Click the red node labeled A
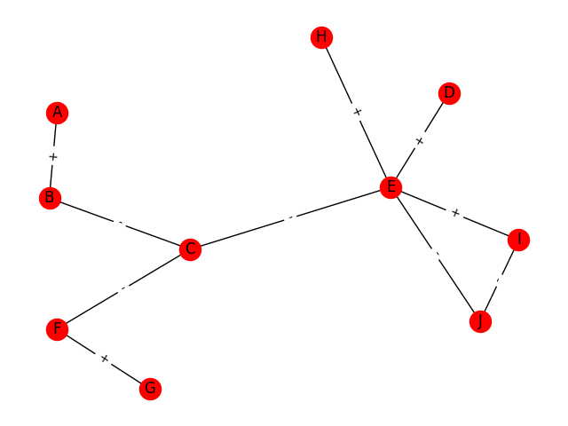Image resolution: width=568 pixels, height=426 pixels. [x=58, y=113]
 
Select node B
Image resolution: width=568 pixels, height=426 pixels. [x=50, y=198]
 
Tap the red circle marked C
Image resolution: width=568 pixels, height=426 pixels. [x=190, y=249]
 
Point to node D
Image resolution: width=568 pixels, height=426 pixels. [x=449, y=93]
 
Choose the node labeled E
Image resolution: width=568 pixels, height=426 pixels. [x=390, y=187]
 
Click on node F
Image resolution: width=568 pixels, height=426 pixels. [x=57, y=329]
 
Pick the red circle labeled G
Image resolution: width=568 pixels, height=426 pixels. [x=150, y=389]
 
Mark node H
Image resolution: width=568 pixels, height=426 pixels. [x=321, y=37]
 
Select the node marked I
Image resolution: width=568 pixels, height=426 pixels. [x=518, y=240]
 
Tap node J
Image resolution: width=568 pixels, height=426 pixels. [x=480, y=321]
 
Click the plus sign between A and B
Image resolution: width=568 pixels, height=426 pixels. [x=53, y=156]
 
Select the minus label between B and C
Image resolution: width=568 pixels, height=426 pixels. [x=120, y=224]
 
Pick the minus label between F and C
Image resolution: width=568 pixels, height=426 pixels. [x=123, y=289]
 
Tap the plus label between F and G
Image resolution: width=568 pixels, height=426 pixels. [x=103, y=359]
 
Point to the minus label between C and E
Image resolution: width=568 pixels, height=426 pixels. [x=290, y=218]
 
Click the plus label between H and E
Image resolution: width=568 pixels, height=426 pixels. [x=356, y=112]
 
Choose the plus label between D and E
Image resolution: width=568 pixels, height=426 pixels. [x=420, y=140]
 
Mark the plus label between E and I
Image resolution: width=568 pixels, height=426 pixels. [x=454, y=213]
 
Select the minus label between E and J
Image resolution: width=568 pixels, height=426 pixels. [x=435, y=255]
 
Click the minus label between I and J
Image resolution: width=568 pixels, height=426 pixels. [x=499, y=280]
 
